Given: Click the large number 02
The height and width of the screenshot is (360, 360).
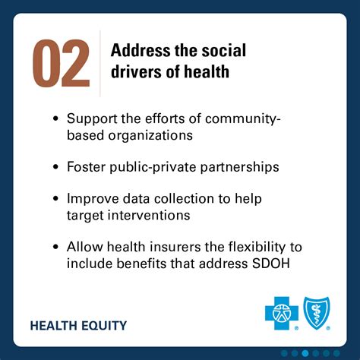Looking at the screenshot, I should pos(61,64).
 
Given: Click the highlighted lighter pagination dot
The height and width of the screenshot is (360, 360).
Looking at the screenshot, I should pos(305,352).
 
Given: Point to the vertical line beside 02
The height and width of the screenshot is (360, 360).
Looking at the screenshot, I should pos(100,64).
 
